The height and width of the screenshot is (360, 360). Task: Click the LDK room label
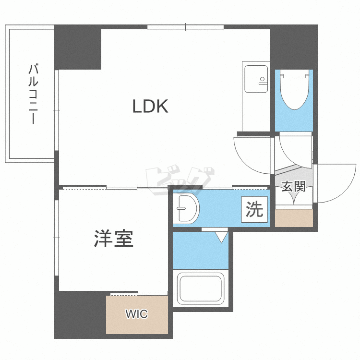coord(150,107)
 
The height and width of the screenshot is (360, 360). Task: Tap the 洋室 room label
coord(113,239)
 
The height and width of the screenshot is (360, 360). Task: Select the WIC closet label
coord(137,314)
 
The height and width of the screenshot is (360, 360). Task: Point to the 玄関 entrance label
coord(293,186)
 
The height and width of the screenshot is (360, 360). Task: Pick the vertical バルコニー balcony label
coord(32,94)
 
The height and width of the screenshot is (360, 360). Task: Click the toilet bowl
coord(293,91)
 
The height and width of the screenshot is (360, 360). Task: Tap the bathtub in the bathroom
coord(200,289)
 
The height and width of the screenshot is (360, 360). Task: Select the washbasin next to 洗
coord(187,208)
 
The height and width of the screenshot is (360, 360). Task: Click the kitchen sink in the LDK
coord(256,79)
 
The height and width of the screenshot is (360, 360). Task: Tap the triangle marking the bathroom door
coord(221,237)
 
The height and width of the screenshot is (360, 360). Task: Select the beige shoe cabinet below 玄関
coord(293,218)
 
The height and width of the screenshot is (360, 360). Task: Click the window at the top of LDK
coord(185,27)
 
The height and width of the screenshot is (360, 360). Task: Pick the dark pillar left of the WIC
coord(80,314)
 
